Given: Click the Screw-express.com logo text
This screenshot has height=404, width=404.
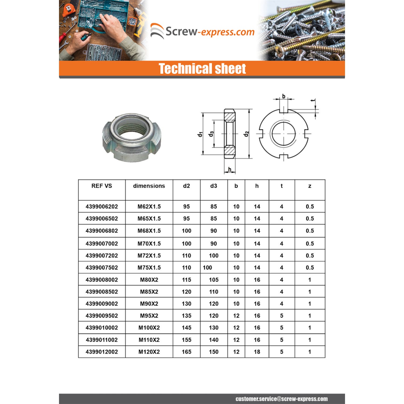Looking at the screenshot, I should tap(210, 32).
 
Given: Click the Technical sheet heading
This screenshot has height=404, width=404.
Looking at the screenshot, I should tap(202, 69).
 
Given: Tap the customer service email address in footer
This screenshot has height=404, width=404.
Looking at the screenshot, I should tap(281, 399).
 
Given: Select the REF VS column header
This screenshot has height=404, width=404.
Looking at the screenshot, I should tap(102, 186).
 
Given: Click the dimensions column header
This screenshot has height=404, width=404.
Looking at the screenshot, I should tap(149, 186).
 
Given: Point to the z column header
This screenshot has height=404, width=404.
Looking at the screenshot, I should tap(310, 186).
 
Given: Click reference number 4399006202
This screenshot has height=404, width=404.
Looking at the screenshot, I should tap(102, 207).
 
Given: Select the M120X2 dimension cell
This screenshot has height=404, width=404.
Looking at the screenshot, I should tap(149, 352).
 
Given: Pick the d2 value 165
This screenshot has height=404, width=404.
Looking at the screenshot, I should tap(186, 352).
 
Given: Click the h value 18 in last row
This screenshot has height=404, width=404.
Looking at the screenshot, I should tap(257, 352).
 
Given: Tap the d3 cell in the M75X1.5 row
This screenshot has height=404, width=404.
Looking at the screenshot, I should tap(207, 267).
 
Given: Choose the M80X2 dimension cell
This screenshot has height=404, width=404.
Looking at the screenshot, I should tap(149, 280).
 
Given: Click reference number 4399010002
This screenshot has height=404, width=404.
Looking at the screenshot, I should tap(102, 328).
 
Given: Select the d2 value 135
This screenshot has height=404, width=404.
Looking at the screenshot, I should tap(186, 316).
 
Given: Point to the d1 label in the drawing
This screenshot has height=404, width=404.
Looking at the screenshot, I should tap(200, 134).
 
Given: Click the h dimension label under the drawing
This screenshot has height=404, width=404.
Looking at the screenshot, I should tap(229, 169).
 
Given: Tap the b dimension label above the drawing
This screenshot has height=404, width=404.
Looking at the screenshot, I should tap(284, 96).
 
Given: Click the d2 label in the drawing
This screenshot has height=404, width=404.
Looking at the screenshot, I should tap(246, 134).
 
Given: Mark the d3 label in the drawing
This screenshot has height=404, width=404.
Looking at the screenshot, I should tap(211, 134).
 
